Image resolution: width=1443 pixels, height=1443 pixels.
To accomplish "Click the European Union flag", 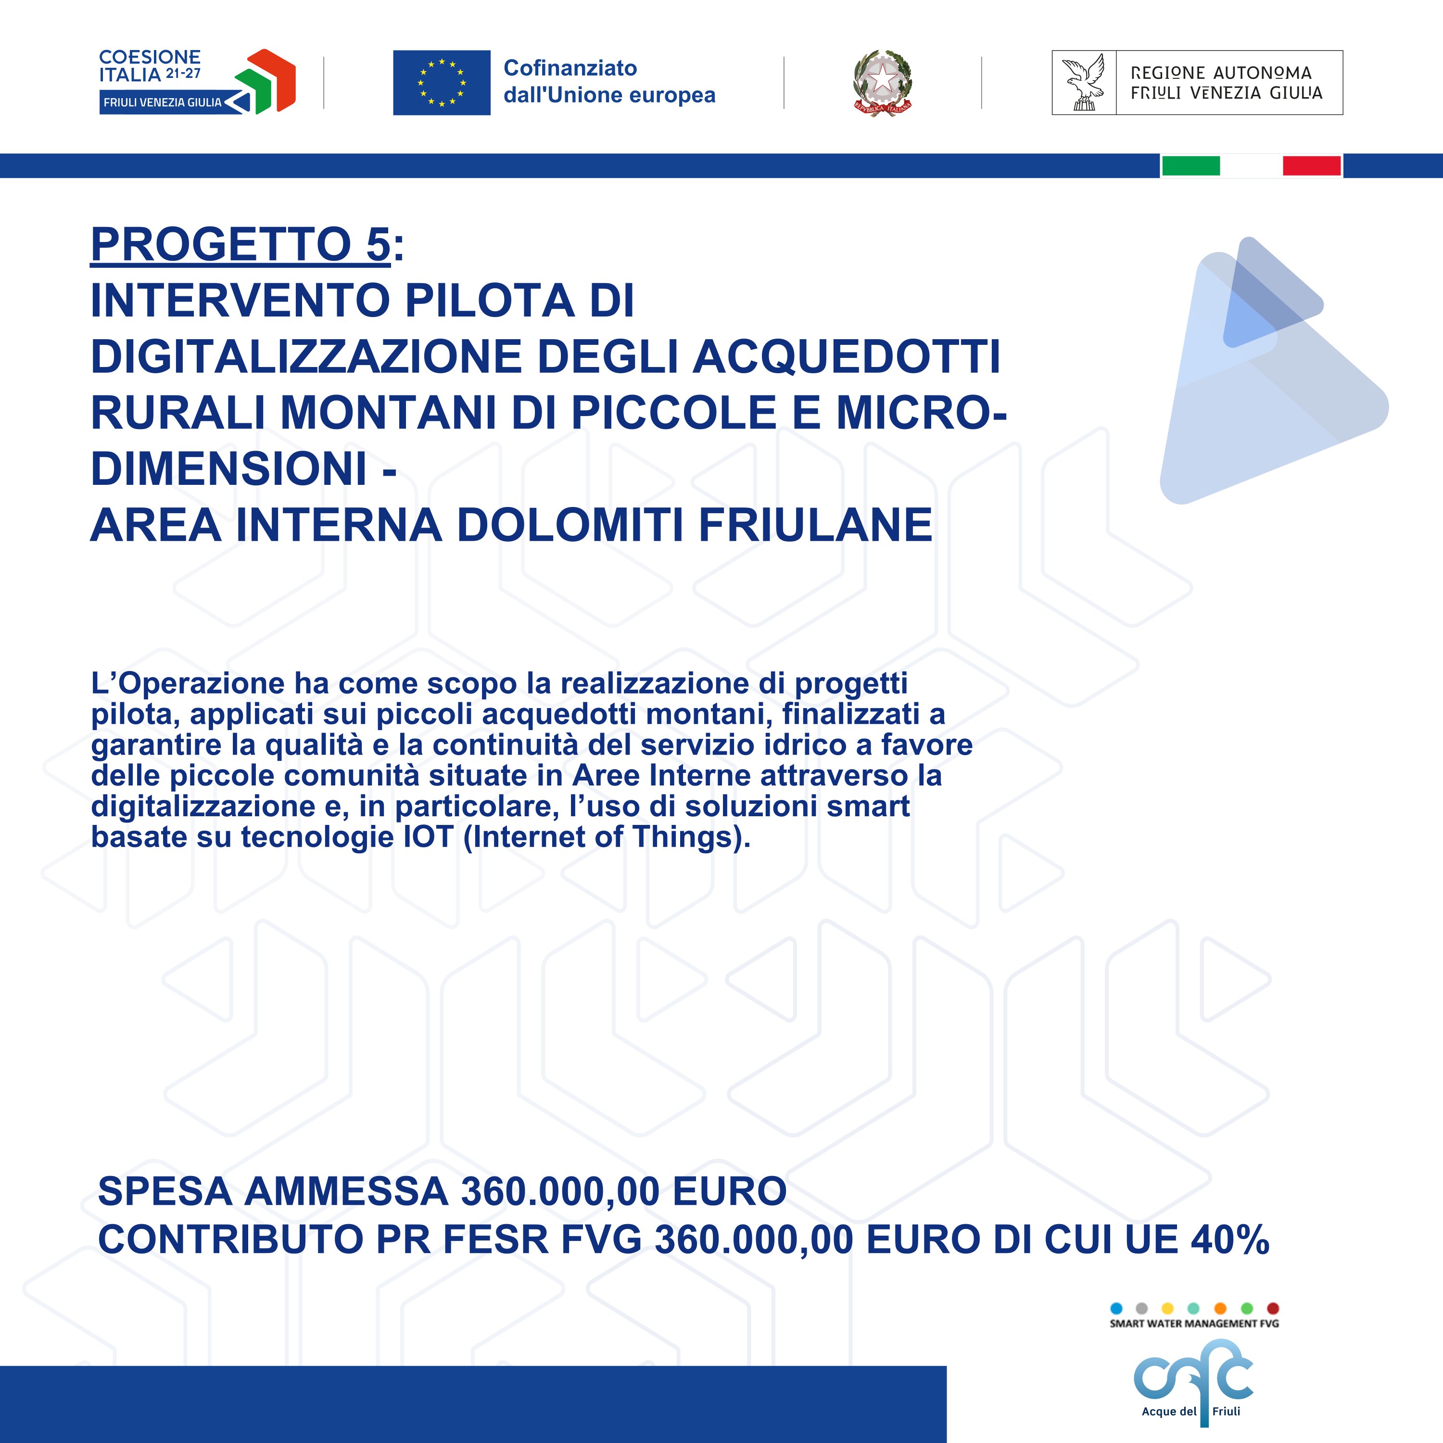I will coord(442,83).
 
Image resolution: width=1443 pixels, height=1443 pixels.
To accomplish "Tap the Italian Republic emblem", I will coord(882,83).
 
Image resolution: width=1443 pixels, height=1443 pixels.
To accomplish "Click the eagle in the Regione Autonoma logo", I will coord(1084,83).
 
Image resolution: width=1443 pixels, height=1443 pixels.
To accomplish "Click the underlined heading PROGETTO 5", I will coord(240,244).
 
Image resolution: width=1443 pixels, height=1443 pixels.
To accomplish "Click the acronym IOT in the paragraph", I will coord(428,836).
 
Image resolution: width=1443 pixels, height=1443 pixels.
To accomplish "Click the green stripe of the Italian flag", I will coord(1190,166).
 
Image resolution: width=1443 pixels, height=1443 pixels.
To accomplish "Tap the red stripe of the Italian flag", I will coord(1312,166).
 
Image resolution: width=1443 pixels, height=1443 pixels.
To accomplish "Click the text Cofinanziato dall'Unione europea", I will coord(609,81).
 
